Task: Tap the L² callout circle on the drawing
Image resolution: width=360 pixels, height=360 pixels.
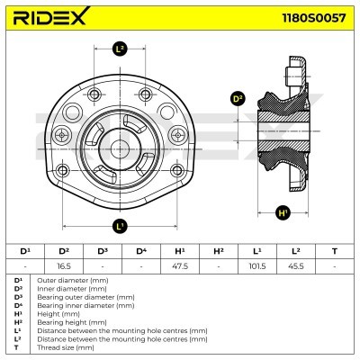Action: [120, 49]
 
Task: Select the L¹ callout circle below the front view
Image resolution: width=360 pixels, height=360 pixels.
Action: [120, 225]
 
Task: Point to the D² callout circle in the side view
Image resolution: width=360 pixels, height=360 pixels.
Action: [238, 99]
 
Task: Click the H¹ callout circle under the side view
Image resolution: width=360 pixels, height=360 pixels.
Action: [284, 213]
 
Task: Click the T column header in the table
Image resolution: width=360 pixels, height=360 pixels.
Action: [335, 251]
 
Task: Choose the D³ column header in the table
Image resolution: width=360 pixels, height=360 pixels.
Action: [103, 251]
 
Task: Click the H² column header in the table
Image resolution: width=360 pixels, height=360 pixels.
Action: [219, 251]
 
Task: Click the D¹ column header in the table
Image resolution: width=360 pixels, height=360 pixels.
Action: [25, 251]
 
